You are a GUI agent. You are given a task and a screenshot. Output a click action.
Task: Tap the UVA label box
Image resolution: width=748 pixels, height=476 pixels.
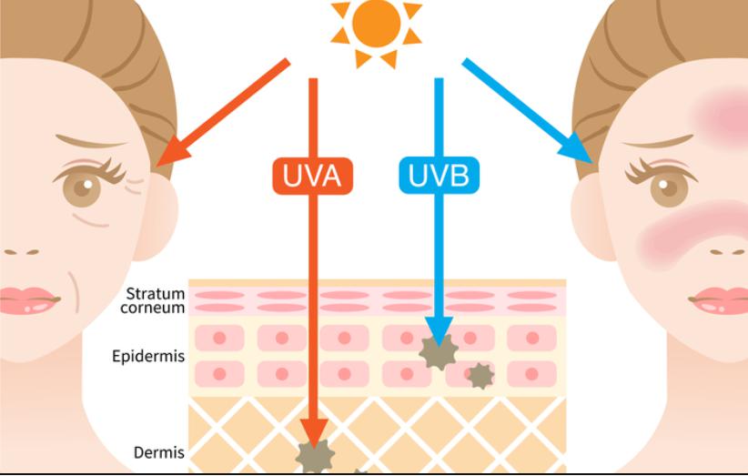pyautogui.click(x=312, y=176)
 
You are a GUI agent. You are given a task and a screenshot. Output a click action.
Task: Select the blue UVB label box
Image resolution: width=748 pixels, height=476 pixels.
pyautogui.click(x=439, y=176)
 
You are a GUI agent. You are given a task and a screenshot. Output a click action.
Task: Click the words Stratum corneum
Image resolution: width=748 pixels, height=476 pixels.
pyautogui.click(x=155, y=300)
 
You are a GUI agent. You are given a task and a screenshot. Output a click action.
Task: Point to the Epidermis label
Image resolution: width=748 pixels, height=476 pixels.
pyautogui.click(x=148, y=356)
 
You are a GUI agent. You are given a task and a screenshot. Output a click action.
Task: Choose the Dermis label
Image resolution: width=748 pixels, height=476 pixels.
pyautogui.click(x=159, y=452)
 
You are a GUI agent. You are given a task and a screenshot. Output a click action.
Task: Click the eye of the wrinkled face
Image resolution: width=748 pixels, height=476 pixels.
pyautogui.click(x=84, y=187)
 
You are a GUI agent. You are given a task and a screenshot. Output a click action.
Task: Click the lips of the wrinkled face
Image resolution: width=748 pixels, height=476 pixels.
pyautogui.click(x=27, y=299)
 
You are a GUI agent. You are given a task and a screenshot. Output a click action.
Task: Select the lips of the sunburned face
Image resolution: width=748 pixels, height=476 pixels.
pyautogui.click(x=720, y=299)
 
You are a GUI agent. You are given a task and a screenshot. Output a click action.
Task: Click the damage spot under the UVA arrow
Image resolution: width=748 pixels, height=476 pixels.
pyautogui.click(x=314, y=455)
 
